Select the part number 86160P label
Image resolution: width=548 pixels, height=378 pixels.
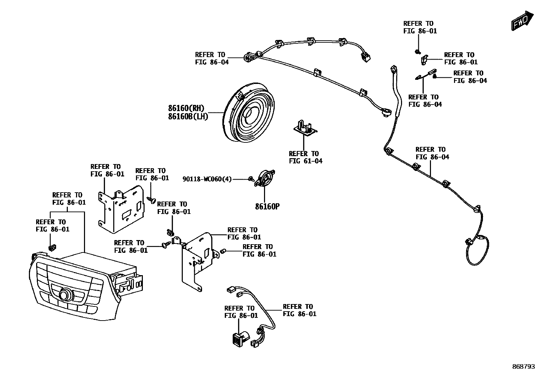pyautogui.click(x=267, y=207)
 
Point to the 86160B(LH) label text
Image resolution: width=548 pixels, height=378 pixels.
pyautogui.click(x=188, y=117)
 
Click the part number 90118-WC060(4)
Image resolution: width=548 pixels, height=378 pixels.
pyautogui.click(x=207, y=179)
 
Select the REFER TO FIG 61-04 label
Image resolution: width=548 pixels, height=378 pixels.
pyautogui.click(x=306, y=157)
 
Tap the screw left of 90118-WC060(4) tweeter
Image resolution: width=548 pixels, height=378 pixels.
pyautogui.click(x=251, y=179)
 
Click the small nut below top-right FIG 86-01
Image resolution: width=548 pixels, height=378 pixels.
pyautogui.click(x=417, y=52)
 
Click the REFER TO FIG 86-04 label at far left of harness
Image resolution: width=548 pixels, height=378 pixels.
pyautogui.click(x=211, y=58)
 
